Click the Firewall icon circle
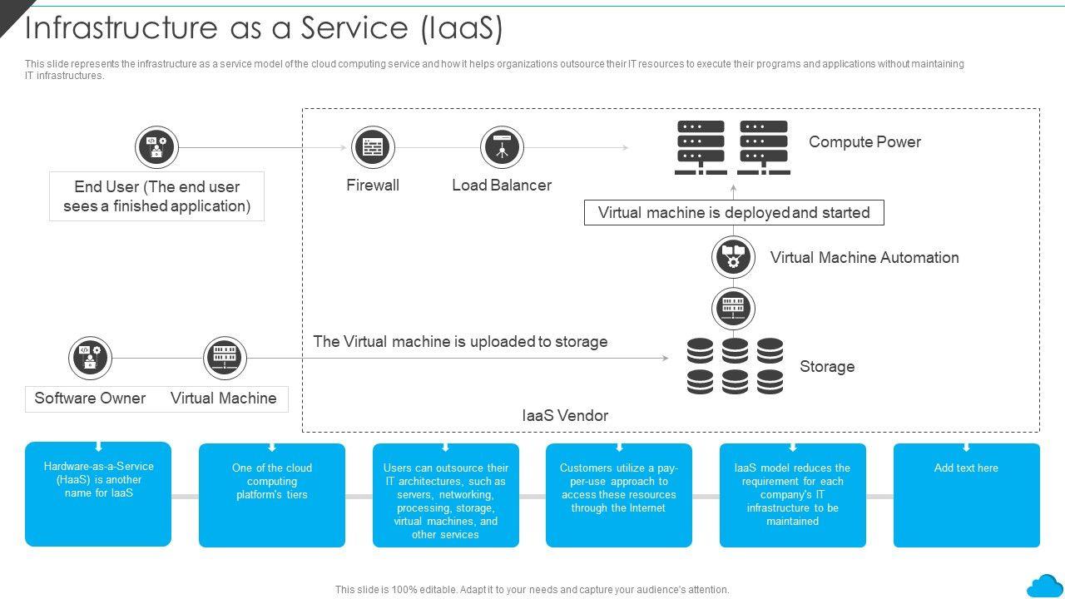coord(373,148)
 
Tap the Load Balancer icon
coord(502,148)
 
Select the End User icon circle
coord(157,148)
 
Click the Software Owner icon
coord(90,358)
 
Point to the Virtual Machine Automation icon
coord(733,257)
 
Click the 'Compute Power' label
coord(864,142)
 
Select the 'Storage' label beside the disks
coord(827,367)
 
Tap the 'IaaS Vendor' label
coord(565,415)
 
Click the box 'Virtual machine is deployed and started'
coord(734,213)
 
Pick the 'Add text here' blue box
coord(966,495)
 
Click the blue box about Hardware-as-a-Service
coord(98,494)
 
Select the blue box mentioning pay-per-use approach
coord(618,495)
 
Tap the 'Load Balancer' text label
coord(502,186)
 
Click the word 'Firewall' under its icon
coord(373,186)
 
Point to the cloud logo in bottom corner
coord(1044,585)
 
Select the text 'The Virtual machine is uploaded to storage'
coord(460,342)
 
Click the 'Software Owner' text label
coord(90,399)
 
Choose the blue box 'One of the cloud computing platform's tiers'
coord(272,495)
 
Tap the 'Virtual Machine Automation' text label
coord(864,258)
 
